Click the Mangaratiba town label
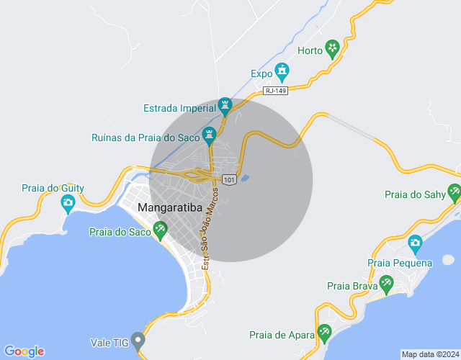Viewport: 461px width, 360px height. click(x=169, y=210)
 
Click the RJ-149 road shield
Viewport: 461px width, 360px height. click(x=275, y=90)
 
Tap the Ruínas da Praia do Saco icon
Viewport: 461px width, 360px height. click(x=210, y=135)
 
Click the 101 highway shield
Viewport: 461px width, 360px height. click(x=229, y=179)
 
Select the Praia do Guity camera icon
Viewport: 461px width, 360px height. click(x=68, y=204)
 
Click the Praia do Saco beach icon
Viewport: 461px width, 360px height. click(x=160, y=230)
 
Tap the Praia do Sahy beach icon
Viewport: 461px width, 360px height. click(x=454, y=193)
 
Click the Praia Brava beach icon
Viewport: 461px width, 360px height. click(x=386, y=284)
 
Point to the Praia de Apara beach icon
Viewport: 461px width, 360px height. click(x=324, y=333)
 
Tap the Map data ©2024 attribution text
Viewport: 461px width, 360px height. click(x=429, y=354)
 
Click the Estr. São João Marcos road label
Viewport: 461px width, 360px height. click(x=210, y=227)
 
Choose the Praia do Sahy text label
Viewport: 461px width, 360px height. click(x=414, y=194)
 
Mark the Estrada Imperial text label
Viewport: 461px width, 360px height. click(x=180, y=109)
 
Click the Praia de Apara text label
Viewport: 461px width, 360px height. click(x=282, y=335)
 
